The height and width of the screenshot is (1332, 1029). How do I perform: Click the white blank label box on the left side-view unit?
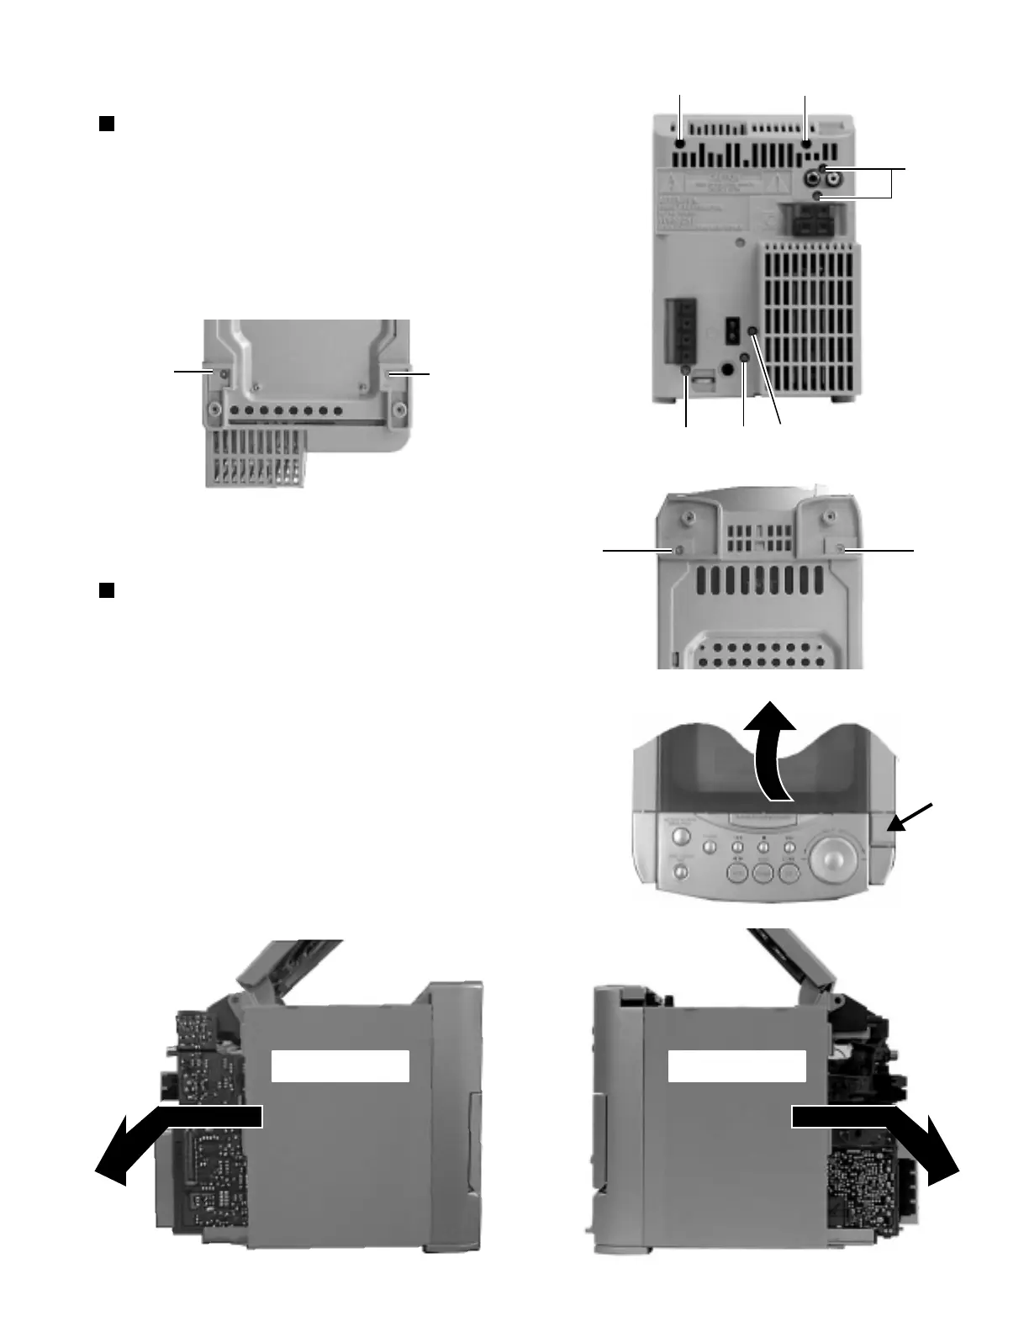tap(340, 1065)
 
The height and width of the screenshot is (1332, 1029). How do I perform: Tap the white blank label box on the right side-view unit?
tap(736, 1065)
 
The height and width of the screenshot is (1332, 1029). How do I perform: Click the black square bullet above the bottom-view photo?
tap(107, 124)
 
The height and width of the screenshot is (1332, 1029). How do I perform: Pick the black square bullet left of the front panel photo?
tap(107, 589)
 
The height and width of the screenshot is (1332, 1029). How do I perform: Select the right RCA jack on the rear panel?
tap(832, 178)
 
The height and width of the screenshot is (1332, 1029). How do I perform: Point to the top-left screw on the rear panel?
tap(679, 144)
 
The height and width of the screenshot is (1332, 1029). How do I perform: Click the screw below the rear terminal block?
tap(686, 371)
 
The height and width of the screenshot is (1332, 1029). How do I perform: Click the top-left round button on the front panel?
tap(681, 838)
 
